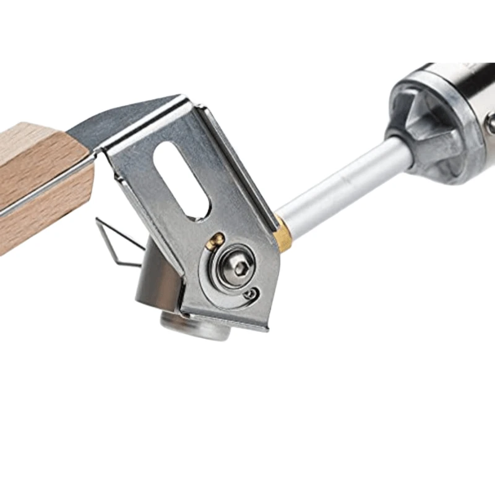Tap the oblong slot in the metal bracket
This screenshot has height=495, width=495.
(183, 179)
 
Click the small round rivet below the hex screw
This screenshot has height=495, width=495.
(250, 295)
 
